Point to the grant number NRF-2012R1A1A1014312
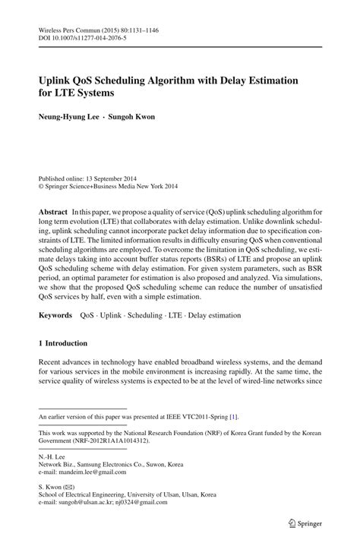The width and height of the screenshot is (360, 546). pyautogui.click(x=118, y=439)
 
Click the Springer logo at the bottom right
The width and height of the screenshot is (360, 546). pyautogui.click(x=300, y=523)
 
